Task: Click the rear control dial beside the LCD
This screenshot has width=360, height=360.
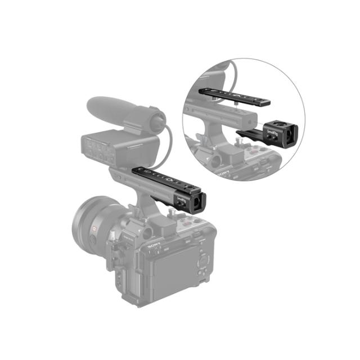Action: coord(204,262)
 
